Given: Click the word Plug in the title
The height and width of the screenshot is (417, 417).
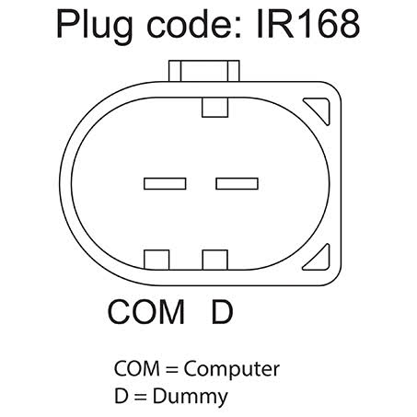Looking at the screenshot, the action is (x=94, y=27).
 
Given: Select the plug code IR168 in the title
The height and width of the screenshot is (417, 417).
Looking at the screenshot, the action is (x=307, y=24).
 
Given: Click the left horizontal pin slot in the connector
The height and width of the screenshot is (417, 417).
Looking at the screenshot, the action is (x=165, y=183).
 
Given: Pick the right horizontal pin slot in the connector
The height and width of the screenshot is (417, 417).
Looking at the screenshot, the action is (x=237, y=183).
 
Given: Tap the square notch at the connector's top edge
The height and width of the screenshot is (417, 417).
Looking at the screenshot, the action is (x=214, y=108).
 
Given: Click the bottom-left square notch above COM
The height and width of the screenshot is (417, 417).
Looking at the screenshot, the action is (x=156, y=260).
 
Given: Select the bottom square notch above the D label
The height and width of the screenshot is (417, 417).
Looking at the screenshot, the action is (x=214, y=260).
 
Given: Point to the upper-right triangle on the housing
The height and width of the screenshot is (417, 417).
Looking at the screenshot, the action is (x=320, y=108).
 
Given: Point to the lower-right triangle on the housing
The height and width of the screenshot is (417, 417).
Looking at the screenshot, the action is (x=320, y=261).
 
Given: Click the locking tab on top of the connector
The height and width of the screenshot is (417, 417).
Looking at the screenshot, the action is (x=204, y=71).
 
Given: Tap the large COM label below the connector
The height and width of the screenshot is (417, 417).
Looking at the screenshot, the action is (x=146, y=312).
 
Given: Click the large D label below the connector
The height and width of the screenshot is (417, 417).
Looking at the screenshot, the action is (x=223, y=312).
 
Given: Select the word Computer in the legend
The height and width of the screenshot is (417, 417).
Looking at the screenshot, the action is (x=232, y=369).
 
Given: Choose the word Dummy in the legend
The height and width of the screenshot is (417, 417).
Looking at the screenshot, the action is (x=191, y=398).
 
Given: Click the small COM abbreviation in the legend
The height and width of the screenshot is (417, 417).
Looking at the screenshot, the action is (x=137, y=368).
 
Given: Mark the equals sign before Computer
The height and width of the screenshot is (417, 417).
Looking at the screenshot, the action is (x=172, y=369).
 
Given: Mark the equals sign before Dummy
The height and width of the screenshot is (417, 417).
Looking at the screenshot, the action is (x=141, y=397).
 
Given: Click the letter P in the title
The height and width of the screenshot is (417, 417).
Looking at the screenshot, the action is (x=66, y=24).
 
